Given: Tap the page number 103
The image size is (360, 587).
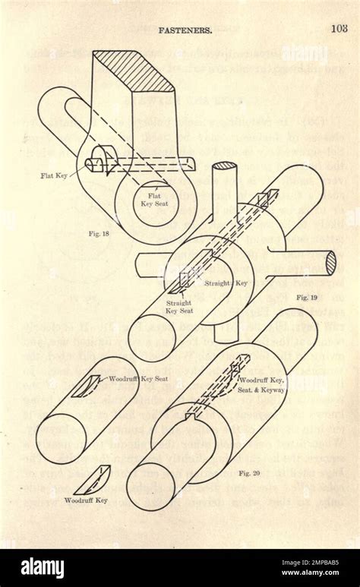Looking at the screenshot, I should click(x=339, y=30).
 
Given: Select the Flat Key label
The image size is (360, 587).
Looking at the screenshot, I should click(x=55, y=175).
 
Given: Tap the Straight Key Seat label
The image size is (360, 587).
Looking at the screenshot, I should click(x=179, y=307).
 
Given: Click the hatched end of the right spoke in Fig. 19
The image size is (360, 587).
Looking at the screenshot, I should click(x=330, y=264).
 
